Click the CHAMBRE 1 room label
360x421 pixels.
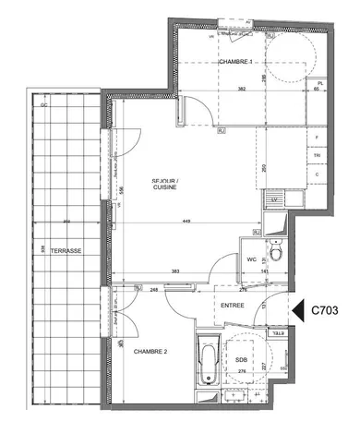[x=237, y=62]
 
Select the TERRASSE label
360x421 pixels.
[x=66, y=251]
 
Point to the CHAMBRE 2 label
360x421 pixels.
[x=150, y=351]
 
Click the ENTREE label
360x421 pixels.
[x=233, y=306]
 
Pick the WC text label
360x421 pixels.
[x=251, y=259]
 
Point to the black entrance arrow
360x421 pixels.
[x=297, y=312]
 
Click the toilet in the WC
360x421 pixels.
[x=276, y=251]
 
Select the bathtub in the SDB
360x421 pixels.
[x=207, y=362]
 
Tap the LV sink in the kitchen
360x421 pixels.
[x=273, y=198]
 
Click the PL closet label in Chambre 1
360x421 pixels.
[x=319, y=83]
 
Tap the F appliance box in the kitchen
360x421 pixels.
[x=317, y=138]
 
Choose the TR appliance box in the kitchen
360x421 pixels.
[x=317, y=156]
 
